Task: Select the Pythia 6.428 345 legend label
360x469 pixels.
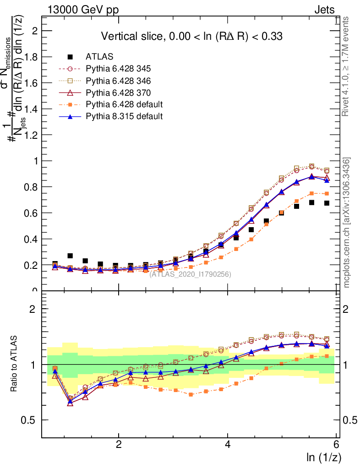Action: click(x=118, y=69)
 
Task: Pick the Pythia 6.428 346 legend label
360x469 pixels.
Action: click(x=118, y=81)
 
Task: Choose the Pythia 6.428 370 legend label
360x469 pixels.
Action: click(x=118, y=93)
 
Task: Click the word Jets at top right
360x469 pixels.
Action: click(x=324, y=10)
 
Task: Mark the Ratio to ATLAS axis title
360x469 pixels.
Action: click(x=15, y=365)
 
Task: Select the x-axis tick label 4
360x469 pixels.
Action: click(x=228, y=444)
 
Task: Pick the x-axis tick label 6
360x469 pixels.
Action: click(x=336, y=444)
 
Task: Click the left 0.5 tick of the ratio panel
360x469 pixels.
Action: click(x=32, y=420)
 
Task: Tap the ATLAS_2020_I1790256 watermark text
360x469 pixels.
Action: click(x=190, y=274)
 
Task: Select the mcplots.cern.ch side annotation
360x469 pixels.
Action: click(x=347, y=222)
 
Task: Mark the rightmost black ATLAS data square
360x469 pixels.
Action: click(x=327, y=203)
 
